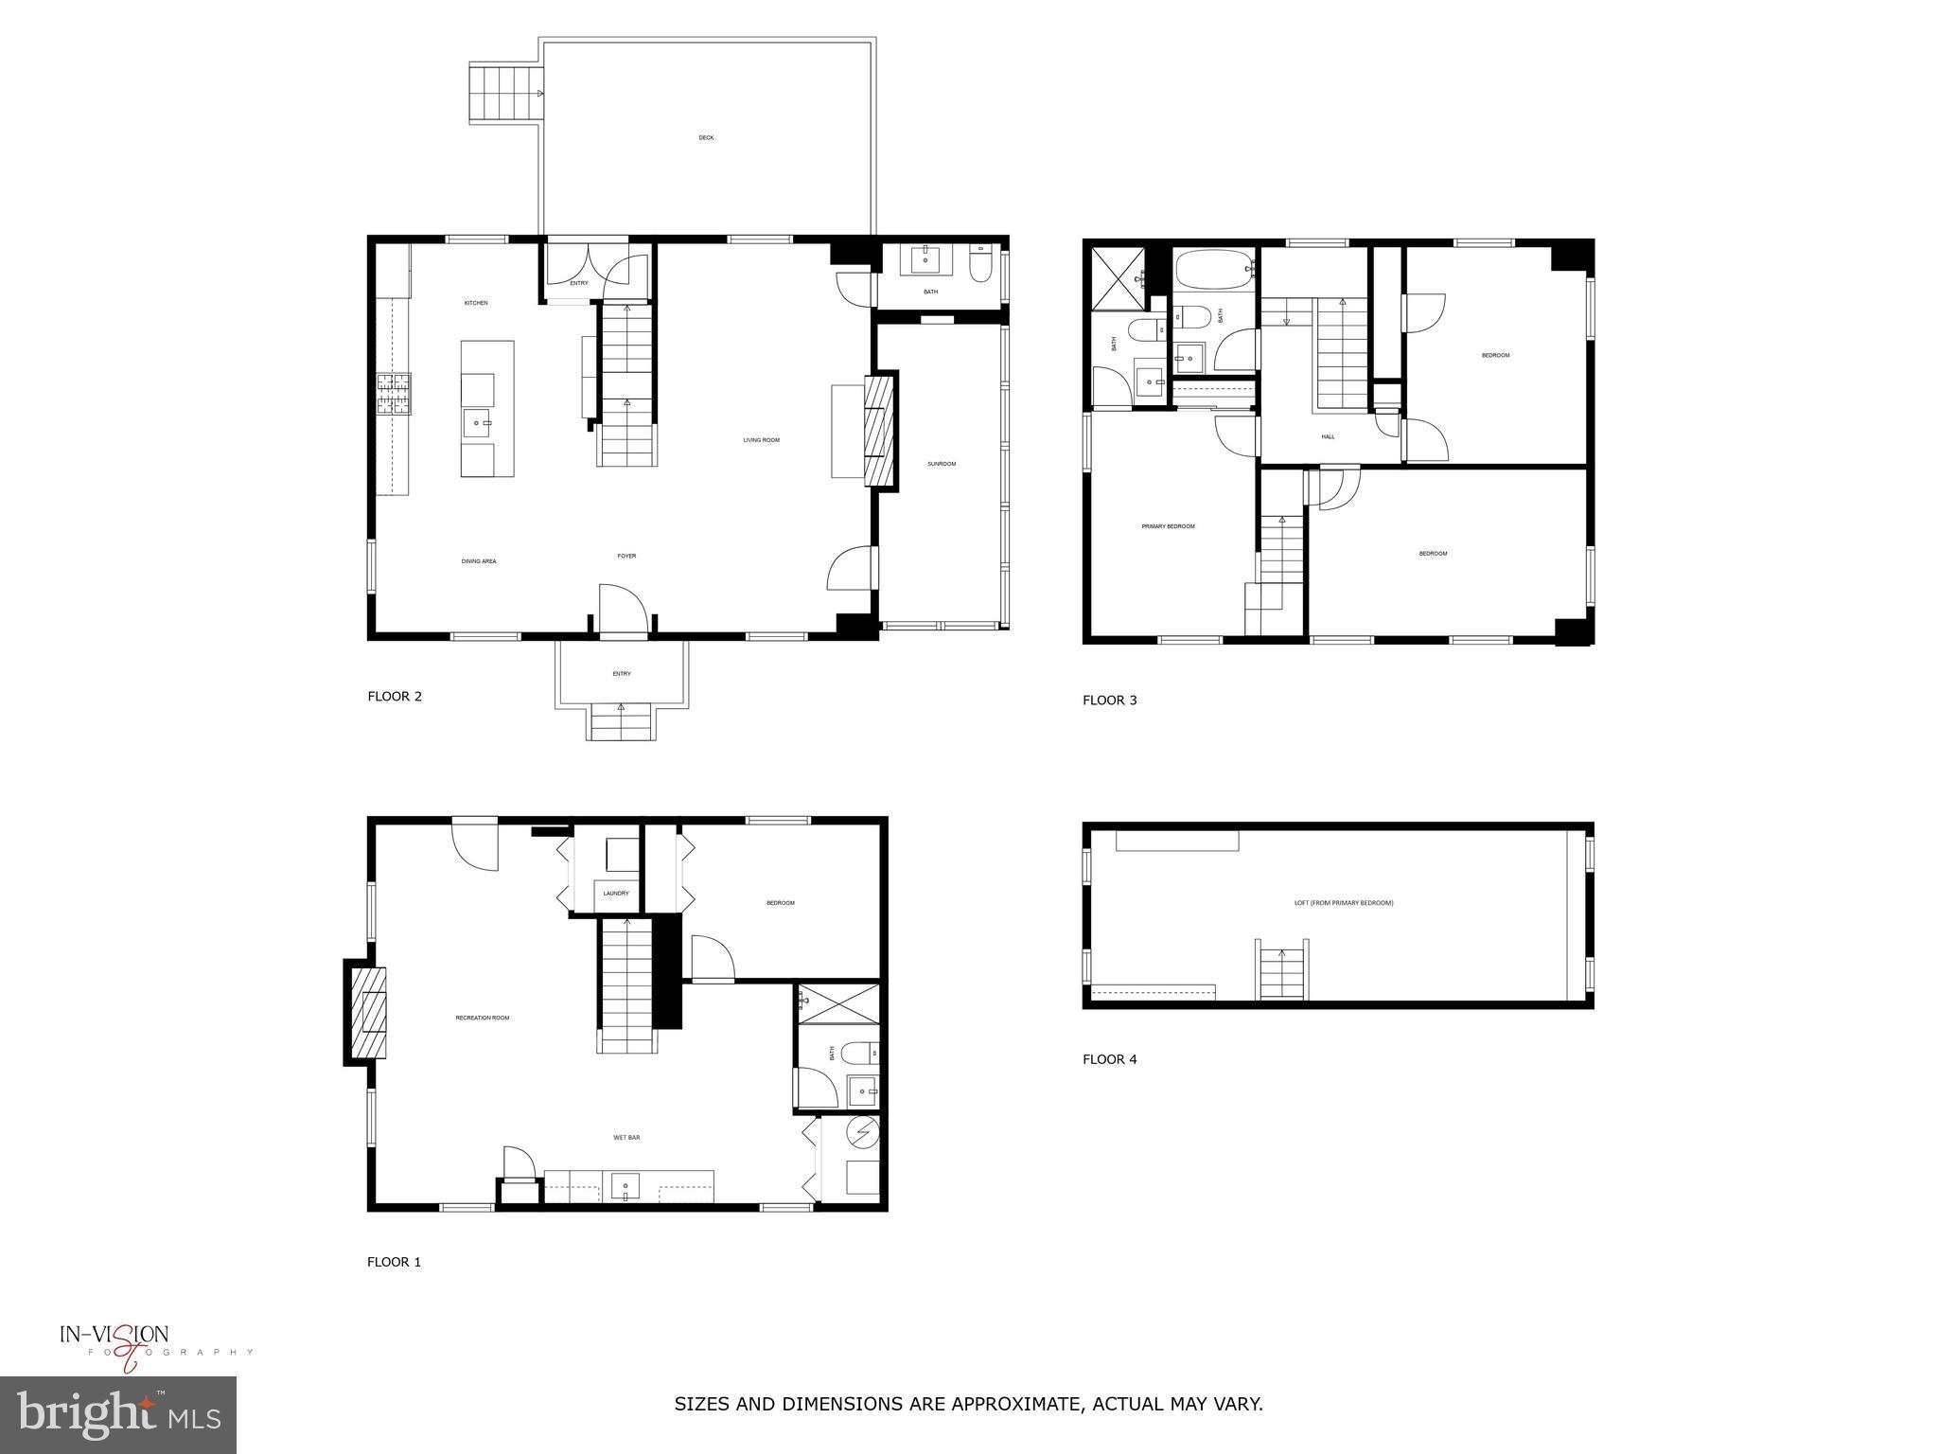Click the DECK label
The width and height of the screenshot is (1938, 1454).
(x=706, y=138)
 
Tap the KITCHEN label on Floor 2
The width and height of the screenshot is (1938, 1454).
(x=476, y=303)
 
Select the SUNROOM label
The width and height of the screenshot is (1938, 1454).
(x=942, y=464)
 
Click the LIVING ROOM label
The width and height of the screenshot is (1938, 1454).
(x=761, y=440)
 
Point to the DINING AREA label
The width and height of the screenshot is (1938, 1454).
(x=479, y=561)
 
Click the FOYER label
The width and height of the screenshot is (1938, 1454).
(x=626, y=557)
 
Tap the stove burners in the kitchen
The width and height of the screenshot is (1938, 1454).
(x=395, y=395)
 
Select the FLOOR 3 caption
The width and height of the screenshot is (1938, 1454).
(x=1110, y=700)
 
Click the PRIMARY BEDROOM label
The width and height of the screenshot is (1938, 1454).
(x=1168, y=526)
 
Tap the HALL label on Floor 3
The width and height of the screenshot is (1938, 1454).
(x=1328, y=437)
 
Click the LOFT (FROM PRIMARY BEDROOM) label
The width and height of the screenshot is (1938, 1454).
(x=1344, y=903)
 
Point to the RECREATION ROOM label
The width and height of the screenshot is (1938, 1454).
(x=483, y=1019)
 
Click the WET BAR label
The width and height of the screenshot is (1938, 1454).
(x=626, y=1138)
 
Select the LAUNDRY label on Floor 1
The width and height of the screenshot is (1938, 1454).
(x=616, y=894)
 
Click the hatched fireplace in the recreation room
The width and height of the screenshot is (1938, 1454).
(x=369, y=1012)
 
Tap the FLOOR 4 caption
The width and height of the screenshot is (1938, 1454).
(x=1110, y=1059)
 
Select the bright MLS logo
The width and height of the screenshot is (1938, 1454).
(x=118, y=1415)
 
